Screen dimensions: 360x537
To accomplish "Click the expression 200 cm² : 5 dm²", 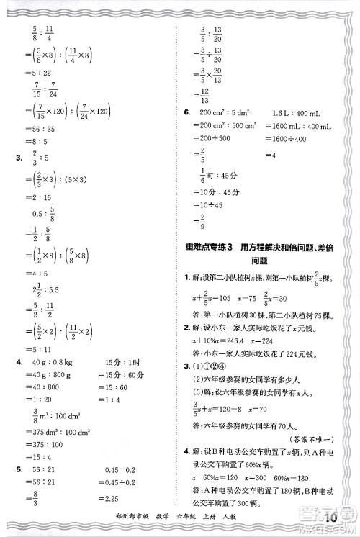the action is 215,113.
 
